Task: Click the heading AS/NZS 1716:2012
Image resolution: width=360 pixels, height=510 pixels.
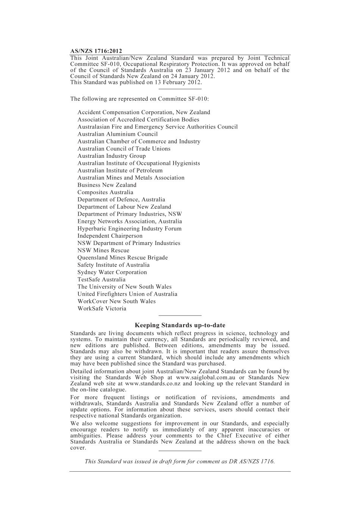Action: pos(96,51)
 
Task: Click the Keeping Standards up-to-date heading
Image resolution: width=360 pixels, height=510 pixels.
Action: pos(180,325)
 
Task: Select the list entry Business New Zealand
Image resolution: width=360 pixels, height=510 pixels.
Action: pos(107,185)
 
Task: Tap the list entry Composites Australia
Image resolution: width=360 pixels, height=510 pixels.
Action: pos(105,192)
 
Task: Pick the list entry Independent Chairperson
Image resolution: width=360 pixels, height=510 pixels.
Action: pos(110,236)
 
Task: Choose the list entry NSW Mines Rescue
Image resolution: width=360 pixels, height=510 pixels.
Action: pos(103,250)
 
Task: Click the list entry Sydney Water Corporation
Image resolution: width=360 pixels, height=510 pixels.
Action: pos(112,272)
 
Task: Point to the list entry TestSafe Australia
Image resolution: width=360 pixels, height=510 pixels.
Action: pos(102,279)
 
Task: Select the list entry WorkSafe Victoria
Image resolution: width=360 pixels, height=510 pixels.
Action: pos(102,309)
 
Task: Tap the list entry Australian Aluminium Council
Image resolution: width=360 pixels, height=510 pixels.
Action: pos(117,134)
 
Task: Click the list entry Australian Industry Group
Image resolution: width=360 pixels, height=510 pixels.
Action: pos(111,156)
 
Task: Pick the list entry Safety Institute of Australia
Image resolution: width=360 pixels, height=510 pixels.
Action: pos(113,265)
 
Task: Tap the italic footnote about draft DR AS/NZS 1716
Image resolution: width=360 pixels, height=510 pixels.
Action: pos(180,461)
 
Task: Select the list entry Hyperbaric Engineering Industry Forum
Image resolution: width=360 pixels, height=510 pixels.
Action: pos(130,229)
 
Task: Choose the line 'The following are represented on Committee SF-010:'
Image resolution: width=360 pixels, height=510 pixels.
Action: pos(139,99)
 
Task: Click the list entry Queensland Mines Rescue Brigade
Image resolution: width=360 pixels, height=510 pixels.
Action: pos(122,258)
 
